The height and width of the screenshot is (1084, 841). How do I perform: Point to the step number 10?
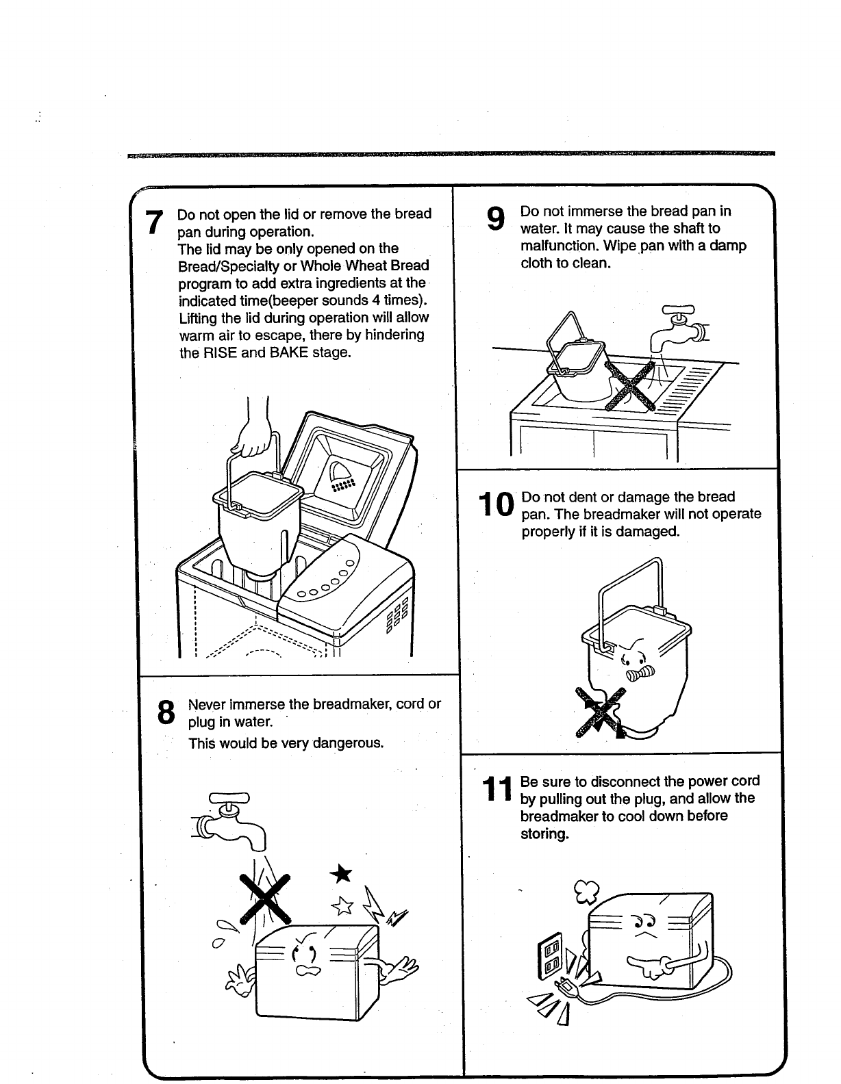tap(496, 505)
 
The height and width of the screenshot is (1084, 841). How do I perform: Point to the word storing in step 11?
tap(544, 834)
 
